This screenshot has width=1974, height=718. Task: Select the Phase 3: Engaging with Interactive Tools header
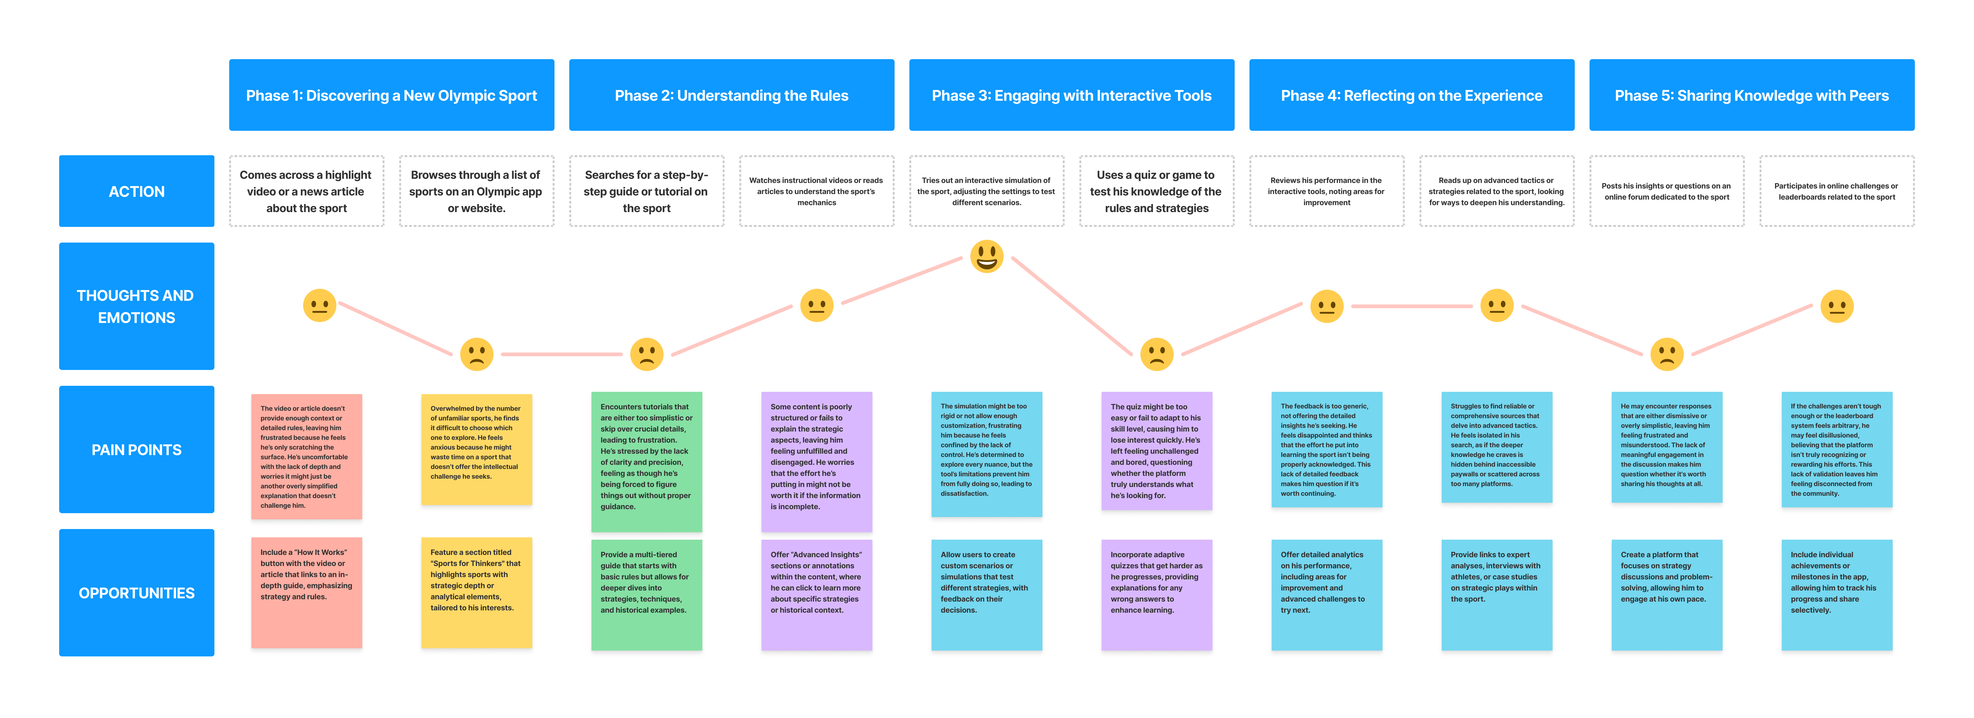pos(1071,95)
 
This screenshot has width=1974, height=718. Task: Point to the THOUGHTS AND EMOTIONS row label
pos(136,307)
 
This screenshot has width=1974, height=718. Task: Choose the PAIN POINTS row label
pos(136,450)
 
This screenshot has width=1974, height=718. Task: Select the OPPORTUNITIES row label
pos(136,592)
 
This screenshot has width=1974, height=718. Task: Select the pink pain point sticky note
pos(307,457)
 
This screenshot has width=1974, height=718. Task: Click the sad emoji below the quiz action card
pos(1156,354)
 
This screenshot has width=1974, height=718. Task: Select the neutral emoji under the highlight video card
pos(320,306)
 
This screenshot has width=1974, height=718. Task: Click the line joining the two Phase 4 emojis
pos(1411,307)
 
